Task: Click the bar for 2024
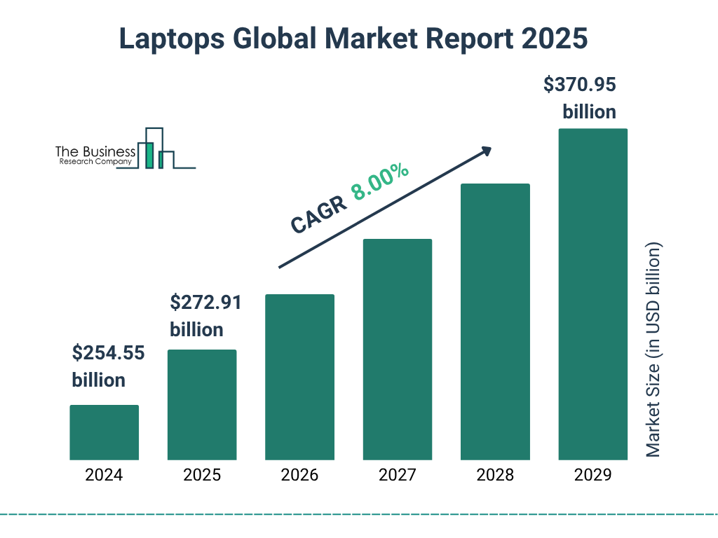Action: point(104,432)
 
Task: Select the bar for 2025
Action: point(202,404)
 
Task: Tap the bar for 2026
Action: point(299,377)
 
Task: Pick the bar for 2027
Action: point(397,349)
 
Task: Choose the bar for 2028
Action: point(495,322)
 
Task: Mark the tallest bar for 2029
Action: point(592,294)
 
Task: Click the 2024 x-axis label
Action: point(104,475)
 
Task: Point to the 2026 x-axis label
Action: point(299,475)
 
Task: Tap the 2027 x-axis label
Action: point(397,475)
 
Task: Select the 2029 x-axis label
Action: point(592,475)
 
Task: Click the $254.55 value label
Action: point(108,353)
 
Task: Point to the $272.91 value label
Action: point(205,303)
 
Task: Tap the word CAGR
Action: point(318,214)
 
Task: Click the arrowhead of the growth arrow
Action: point(485,151)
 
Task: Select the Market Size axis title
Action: point(653,350)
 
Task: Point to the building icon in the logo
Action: point(156,149)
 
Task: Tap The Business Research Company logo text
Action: point(95,156)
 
